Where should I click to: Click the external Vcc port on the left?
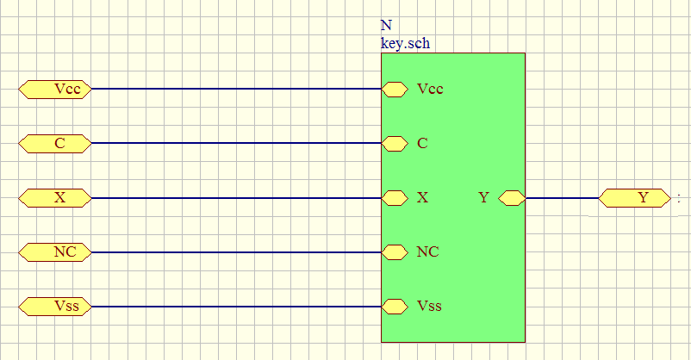click(55, 89)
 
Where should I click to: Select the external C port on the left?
click(55, 143)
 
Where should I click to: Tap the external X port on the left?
click(55, 198)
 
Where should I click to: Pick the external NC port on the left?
click(55, 252)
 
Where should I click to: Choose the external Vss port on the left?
click(55, 306)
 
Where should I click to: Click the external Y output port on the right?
click(634, 198)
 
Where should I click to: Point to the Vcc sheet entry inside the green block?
click(395, 89)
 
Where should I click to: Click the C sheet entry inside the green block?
click(395, 143)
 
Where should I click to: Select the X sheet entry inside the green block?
click(395, 198)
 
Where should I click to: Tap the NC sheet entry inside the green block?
click(395, 252)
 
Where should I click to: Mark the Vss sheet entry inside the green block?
click(395, 306)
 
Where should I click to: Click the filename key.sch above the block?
click(405, 42)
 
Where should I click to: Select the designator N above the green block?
click(385, 26)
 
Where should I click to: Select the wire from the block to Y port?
click(562, 198)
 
